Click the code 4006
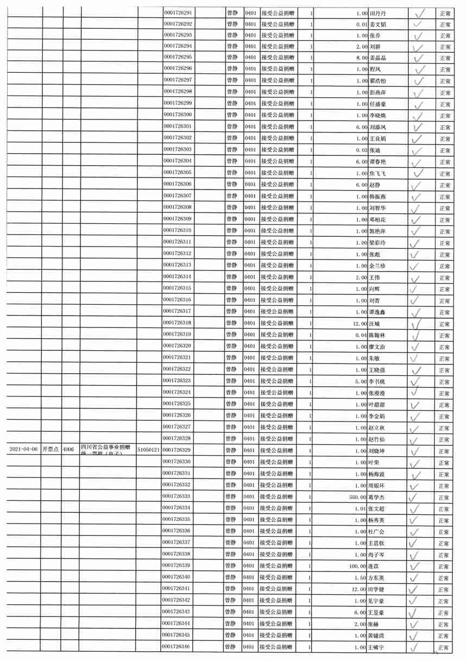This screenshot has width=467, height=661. (69, 450)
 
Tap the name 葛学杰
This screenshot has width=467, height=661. (379, 497)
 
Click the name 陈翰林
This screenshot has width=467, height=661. (379, 335)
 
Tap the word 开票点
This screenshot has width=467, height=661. (52, 450)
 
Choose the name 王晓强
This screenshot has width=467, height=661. (379, 370)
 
